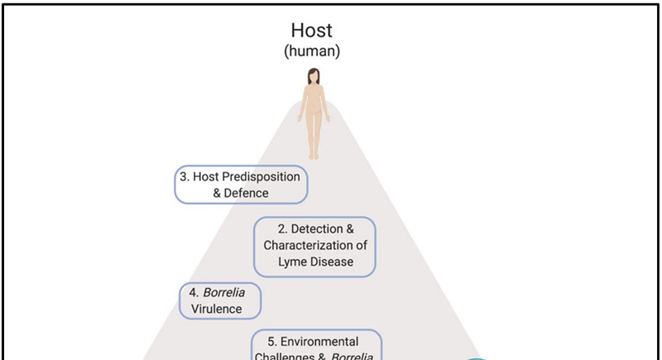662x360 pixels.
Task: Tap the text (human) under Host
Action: (313, 51)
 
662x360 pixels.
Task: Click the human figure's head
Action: (314, 75)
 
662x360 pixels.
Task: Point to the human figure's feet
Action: (314, 155)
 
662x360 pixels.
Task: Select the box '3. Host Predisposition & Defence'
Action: (241, 185)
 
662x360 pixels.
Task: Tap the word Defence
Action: (247, 193)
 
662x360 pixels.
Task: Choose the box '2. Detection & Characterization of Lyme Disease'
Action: (314, 246)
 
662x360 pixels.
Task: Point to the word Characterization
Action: (307, 246)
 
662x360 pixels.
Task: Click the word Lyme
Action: (294, 262)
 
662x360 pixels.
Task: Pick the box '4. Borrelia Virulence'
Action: (218, 301)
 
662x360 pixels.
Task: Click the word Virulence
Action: (217, 310)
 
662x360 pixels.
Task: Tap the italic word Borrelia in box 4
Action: (224, 293)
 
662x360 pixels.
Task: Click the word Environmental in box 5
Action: (324, 342)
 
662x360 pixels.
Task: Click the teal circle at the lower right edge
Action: (476, 358)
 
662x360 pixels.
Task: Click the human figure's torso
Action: (314, 103)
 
